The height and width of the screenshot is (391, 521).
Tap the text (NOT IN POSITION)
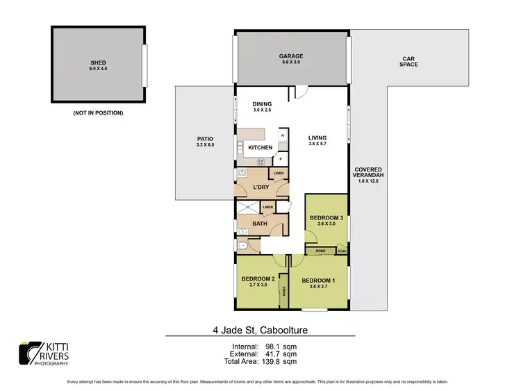[x=97, y=113]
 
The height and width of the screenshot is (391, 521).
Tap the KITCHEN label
[x=260, y=147]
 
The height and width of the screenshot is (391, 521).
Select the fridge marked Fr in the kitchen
[x=282, y=135]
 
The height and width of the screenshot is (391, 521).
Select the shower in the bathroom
[x=248, y=207]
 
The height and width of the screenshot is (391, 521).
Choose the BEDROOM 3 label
[x=326, y=217]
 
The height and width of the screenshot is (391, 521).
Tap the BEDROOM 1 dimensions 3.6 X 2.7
[x=317, y=287]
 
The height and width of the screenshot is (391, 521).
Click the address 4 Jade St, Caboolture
[x=260, y=331]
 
